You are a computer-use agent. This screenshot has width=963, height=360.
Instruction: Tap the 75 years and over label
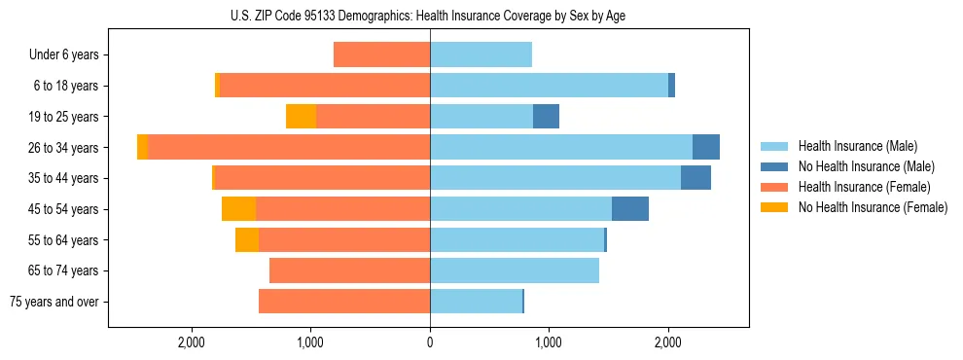pos(53,302)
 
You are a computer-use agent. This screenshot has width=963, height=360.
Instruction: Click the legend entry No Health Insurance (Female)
pos(872,207)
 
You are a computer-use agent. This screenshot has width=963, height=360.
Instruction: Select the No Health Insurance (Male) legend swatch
pos(775,166)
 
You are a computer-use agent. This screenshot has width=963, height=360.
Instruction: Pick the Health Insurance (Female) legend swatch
pos(775,187)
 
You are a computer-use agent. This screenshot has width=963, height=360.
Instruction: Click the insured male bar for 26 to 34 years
pos(561,147)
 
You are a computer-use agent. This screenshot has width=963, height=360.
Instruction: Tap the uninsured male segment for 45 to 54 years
pos(630,209)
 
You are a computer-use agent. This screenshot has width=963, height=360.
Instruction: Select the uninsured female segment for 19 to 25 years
pos(302,117)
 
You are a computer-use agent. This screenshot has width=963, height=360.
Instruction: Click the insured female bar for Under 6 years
pos(381,55)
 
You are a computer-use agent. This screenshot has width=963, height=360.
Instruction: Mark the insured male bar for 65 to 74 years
pos(515,270)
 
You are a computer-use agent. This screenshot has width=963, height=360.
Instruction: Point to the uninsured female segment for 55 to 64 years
pos(247,239)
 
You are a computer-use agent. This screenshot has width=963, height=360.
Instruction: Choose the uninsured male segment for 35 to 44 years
pos(695,178)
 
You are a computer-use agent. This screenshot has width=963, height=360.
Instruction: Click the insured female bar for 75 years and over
pos(344,302)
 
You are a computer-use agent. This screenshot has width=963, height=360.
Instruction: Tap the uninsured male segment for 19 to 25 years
pos(546,117)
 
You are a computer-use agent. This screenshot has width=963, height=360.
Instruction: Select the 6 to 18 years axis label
pos(66,86)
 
